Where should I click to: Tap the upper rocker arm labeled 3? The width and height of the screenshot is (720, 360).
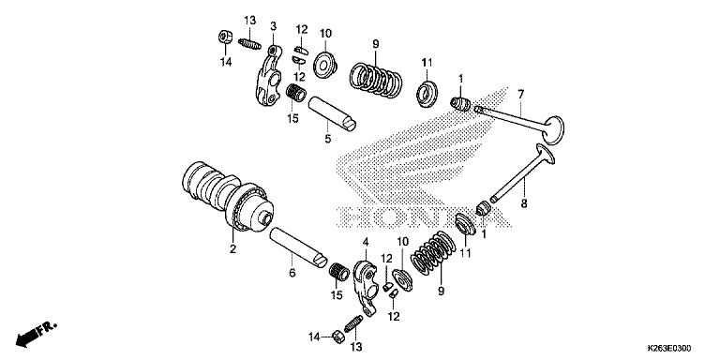[270, 76]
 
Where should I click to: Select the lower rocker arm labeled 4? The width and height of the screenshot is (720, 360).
[365, 287]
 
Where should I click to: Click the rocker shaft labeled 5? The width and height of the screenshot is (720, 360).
[332, 112]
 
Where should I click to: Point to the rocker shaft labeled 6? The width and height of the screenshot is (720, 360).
[298, 247]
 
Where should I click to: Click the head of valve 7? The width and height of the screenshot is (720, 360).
[553, 128]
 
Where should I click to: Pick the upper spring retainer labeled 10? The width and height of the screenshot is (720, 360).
[325, 66]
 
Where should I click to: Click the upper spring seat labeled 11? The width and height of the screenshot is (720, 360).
[427, 94]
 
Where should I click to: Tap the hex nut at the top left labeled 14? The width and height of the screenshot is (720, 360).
[225, 37]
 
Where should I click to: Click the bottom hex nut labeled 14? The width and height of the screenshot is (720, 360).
[337, 337]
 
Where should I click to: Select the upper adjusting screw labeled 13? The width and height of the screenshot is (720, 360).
[249, 44]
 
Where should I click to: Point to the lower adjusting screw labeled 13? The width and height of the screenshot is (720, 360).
[353, 324]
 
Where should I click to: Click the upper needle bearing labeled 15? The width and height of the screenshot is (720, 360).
[296, 93]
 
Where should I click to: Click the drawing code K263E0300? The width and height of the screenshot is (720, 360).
[669, 348]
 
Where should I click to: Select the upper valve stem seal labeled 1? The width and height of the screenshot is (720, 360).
[459, 104]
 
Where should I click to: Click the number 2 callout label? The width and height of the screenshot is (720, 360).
[232, 249]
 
